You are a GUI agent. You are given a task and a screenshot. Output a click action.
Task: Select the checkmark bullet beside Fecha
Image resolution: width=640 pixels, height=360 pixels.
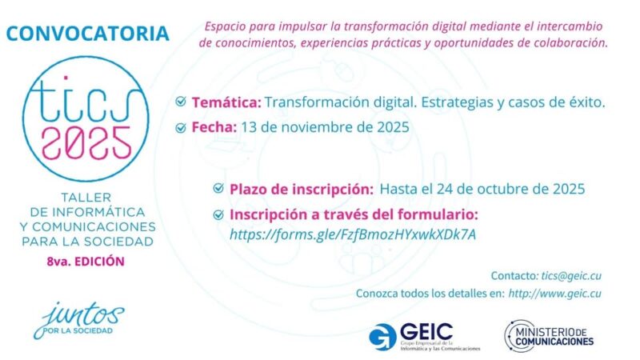coord(182,126)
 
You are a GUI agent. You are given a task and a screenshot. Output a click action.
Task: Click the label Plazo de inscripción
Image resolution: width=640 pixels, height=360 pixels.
coord(302,189)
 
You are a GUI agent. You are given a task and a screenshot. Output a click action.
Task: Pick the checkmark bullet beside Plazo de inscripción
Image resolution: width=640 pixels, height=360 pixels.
coord(218,189)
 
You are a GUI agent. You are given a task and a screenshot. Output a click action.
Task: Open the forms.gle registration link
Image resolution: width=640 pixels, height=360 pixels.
coord(353,234)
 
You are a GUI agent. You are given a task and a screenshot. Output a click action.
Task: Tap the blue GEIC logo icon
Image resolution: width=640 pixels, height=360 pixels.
coord(382,334)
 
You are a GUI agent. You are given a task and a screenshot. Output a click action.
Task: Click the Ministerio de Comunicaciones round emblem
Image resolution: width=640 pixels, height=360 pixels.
coord(517,334)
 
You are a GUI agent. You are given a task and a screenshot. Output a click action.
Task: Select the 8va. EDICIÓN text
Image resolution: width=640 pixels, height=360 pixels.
coord(85,262)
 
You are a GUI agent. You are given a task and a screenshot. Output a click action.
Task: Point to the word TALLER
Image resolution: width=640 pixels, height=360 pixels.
coord(85,198)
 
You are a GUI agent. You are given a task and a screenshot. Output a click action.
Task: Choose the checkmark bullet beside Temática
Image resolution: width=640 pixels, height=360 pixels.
coord(182,103)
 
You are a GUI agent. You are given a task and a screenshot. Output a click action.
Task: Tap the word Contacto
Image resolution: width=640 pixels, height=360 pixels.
coord(509,275)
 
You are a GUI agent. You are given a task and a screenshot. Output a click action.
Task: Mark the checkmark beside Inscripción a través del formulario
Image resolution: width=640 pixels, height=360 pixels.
coord(218,214)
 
